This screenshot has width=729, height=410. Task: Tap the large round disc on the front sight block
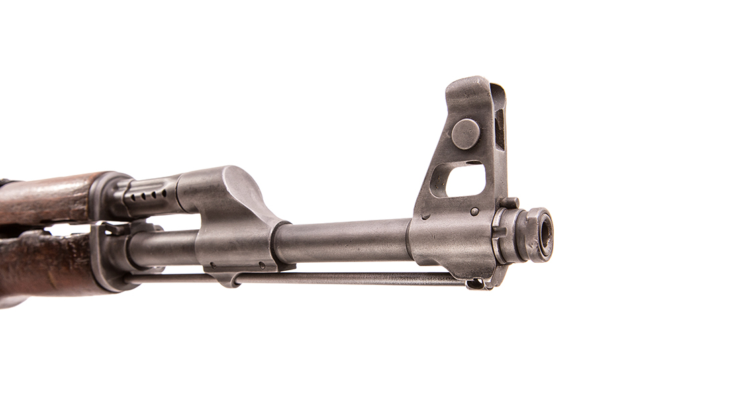[x=465, y=133]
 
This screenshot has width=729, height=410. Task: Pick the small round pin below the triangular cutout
[x=475, y=211]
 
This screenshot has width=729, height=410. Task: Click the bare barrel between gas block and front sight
[x=342, y=241]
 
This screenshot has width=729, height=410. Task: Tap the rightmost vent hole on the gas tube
[x=164, y=192]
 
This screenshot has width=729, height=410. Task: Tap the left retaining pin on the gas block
[x=212, y=264]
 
